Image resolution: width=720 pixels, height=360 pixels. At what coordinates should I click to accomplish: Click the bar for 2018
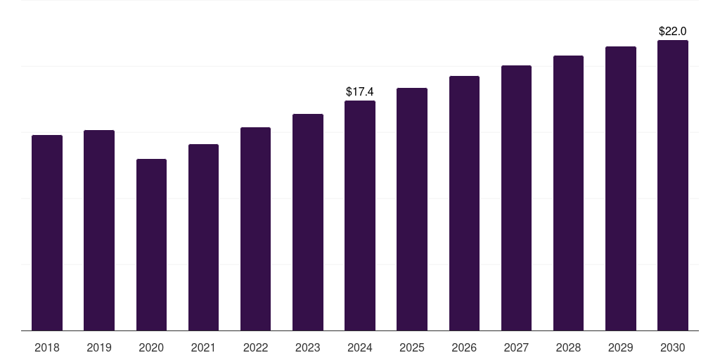[x=47, y=233]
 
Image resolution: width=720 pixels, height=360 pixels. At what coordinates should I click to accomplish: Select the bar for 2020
[x=151, y=245]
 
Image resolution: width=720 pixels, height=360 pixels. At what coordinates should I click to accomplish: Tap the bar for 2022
[x=255, y=229]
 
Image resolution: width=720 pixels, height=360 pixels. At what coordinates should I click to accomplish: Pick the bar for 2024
[x=360, y=215]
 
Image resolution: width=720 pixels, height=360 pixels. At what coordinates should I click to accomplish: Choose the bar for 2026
[x=464, y=203]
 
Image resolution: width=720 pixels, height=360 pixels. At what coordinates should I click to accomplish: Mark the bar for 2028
[x=568, y=193]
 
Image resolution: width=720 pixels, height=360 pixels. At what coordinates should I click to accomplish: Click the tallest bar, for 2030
[x=672, y=185]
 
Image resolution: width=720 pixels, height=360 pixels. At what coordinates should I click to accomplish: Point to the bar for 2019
[x=99, y=230]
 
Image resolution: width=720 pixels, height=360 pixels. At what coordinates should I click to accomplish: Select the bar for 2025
[x=412, y=209]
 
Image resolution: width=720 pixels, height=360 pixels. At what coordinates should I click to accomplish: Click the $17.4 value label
[x=360, y=92]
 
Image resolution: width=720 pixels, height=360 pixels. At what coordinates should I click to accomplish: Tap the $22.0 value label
[x=672, y=32]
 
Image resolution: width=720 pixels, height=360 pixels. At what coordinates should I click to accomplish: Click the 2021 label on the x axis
[x=203, y=347]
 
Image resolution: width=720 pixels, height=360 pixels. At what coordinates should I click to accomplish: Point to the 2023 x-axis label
[x=307, y=347]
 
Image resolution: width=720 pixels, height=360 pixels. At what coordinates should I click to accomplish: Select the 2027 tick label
[x=516, y=347]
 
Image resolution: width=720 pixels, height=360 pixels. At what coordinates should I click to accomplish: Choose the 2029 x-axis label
[x=620, y=347]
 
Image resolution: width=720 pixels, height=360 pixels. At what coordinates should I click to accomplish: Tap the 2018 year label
[x=47, y=347]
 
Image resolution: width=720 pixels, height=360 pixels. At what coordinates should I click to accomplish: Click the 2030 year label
[x=672, y=347]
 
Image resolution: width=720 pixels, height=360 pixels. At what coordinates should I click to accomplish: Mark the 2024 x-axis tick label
[x=360, y=347]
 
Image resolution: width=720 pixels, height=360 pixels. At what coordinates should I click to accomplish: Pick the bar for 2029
[x=620, y=188]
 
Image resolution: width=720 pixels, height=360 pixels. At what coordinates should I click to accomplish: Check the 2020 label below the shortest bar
[x=151, y=347]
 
